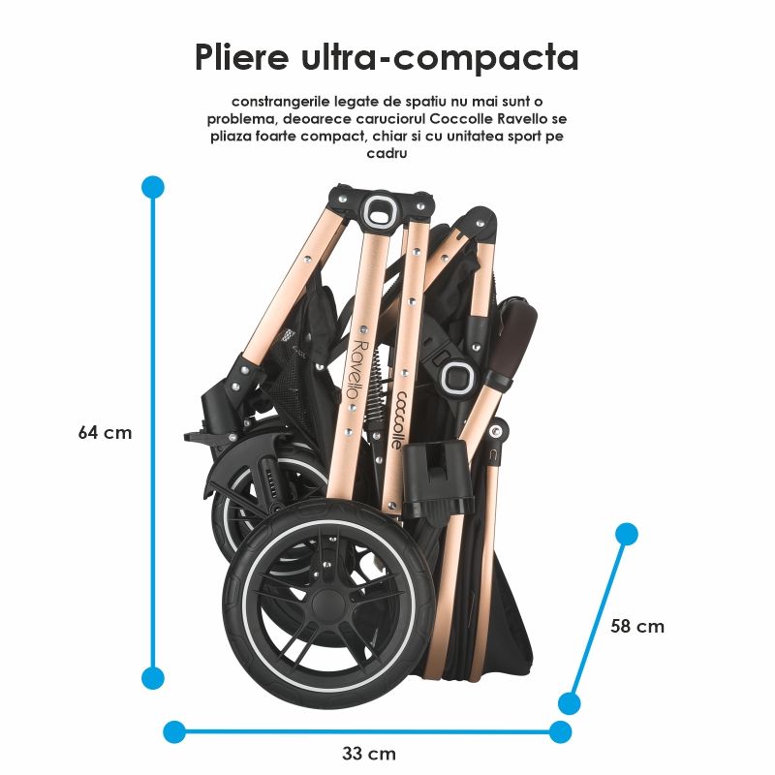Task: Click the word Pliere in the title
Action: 241,57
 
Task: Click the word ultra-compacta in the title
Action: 440,57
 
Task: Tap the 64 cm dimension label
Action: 105,433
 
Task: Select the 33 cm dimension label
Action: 369,755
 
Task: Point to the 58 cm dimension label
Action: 637,626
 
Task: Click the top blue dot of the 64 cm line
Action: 153,187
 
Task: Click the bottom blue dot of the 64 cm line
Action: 153,677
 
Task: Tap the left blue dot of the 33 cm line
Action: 174,731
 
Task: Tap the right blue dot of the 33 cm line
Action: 560,731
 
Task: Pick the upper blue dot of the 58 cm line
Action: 627,535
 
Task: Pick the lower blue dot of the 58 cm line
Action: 570,703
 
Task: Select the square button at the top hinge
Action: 380,209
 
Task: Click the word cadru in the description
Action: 387,153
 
